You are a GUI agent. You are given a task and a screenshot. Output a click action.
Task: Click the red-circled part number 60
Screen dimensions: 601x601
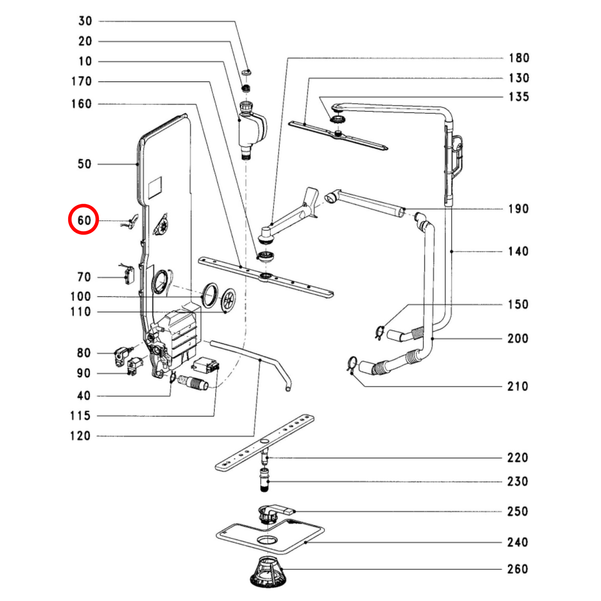84,220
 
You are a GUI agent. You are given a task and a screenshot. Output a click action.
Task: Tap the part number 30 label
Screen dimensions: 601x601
85,21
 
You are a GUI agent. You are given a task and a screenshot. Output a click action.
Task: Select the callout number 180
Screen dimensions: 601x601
519,58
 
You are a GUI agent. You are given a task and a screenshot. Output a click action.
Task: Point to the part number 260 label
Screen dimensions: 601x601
517,569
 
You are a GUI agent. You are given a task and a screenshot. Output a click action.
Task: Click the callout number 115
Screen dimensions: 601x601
80,416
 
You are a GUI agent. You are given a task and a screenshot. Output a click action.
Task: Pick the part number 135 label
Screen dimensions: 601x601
519,97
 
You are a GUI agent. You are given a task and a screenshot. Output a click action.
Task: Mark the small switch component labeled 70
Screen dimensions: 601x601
128,275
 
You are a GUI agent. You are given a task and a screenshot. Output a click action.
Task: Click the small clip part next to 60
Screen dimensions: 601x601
131,222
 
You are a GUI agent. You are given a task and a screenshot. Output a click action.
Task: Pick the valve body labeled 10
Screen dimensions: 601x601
251,129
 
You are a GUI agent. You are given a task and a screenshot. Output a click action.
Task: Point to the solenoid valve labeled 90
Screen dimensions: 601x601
135,366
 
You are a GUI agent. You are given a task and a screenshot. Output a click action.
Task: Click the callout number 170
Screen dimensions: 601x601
81,81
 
